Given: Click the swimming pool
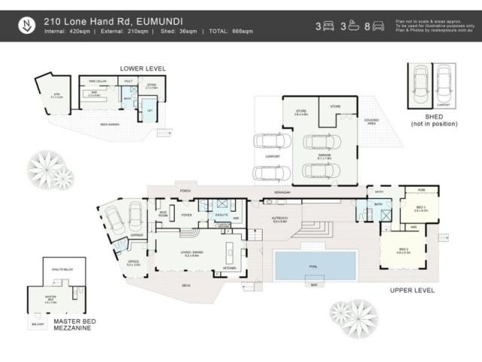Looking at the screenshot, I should click(315, 264).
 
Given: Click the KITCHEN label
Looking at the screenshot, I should click(230, 268).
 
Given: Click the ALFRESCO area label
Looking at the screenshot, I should click(280, 220).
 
